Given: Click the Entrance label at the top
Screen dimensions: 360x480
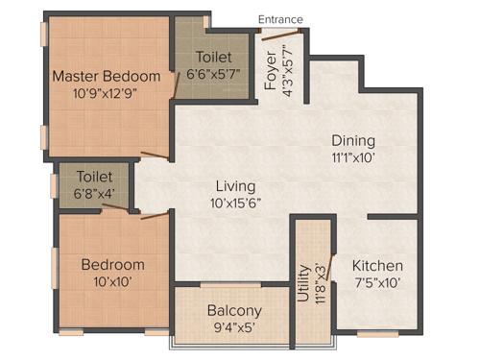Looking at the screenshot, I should [x=280, y=19].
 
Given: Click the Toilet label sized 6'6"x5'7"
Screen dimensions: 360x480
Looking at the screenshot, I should [x=212, y=57].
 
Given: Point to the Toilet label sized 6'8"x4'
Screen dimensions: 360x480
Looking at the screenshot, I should [x=95, y=178].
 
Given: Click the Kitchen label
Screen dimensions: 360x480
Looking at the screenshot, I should [x=377, y=266].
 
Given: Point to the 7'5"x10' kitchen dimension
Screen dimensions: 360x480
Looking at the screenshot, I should [x=377, y=284].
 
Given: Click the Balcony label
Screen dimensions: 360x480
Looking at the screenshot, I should [x=234, y=310].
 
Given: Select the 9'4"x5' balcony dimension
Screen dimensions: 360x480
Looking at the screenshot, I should [x=234, y=328].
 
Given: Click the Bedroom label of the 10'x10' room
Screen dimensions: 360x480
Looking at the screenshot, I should [x=112, y=265].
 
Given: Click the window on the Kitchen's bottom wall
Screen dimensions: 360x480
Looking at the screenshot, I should [x=377, y=333].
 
